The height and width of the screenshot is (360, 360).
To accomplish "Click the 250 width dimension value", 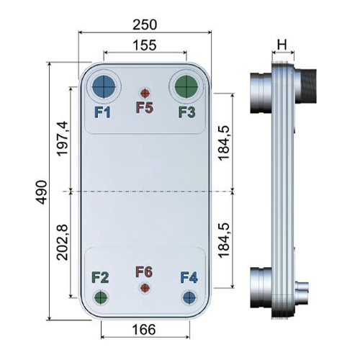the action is point(145,24).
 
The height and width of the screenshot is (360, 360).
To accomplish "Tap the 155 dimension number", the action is point(145,45).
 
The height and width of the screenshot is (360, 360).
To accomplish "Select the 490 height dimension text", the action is point(41,192).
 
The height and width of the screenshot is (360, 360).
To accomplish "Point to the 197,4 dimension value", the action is point(63,139).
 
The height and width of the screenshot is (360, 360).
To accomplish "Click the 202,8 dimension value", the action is point(63,243).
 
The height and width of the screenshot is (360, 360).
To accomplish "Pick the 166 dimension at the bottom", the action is point(144,329).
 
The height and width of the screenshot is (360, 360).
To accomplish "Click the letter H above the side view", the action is point(282,45).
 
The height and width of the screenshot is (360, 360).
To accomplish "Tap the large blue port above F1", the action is point(104,87).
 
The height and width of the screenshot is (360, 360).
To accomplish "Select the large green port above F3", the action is point(186,86).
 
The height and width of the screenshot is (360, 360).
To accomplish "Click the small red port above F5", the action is point(145,93).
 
